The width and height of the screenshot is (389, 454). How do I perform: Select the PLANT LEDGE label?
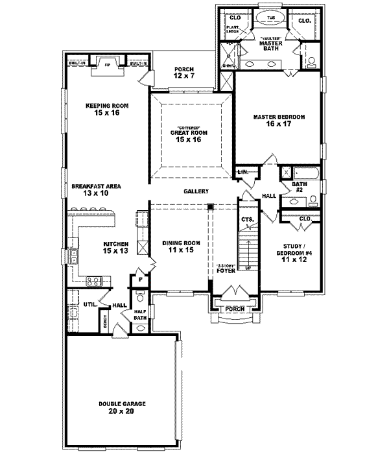tap(233, 30)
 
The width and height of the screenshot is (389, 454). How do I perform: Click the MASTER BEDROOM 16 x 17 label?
tap(279, 120)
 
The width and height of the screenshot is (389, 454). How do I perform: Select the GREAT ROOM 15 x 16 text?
tap(188, 136)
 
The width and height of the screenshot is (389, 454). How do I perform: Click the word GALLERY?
tap(196, 191)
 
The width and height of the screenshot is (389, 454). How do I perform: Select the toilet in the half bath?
tap(139, 299)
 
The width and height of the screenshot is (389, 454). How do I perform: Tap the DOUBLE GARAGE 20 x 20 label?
tap(122, 407)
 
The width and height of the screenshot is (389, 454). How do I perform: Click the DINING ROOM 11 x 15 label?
tap(181, 246)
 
